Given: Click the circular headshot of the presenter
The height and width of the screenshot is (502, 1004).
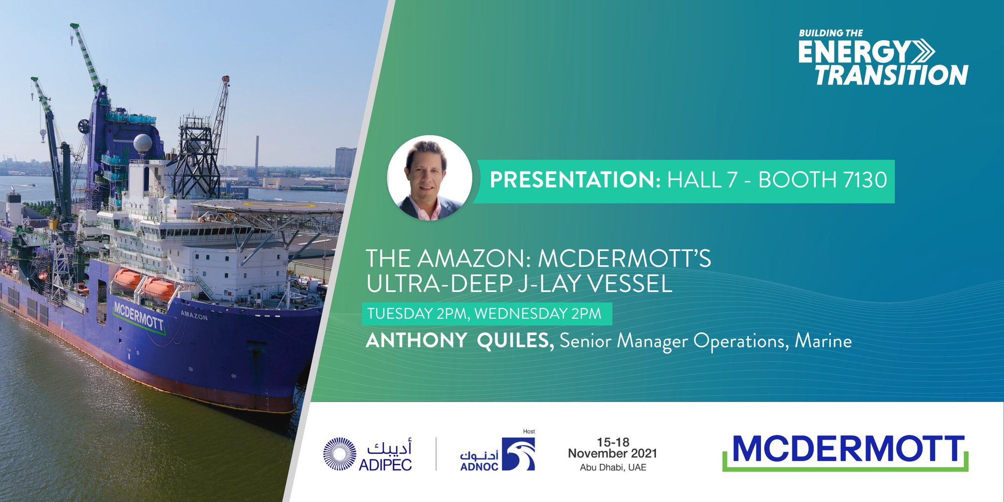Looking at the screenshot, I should click(x=429, y=178).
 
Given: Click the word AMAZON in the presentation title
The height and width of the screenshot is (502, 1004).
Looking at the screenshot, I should click(x=473, y=258).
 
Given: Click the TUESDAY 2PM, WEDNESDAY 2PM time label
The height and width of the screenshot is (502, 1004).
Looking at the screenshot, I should click(x=484, y=314).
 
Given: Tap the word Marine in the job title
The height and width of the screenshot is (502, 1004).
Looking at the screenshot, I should click(x=823, y=341).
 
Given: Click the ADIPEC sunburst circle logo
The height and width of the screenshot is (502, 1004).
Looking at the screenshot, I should click(x=339, y=454).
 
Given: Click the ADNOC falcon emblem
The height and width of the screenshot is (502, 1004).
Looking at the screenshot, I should click(x=519, y=454).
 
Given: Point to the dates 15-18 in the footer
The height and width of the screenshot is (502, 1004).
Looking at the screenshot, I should click(x=613, y=442).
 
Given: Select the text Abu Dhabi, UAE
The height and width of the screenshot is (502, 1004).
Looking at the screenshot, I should click(x=613, y=468).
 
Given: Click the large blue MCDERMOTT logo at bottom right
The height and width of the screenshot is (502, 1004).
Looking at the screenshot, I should click(x=845, y=450).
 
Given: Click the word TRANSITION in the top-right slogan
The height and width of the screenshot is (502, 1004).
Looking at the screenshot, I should click(x=891, y=75).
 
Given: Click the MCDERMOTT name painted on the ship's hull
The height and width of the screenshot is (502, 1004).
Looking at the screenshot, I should click(x=138, y=317).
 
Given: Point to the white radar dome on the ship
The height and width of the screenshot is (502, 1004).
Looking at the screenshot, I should click(x=143, y=144).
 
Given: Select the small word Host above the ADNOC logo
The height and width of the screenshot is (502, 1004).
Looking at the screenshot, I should click(x=529, y=431).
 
